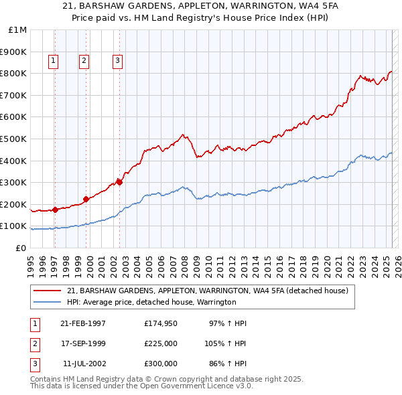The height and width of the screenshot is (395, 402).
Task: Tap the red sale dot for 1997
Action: pyautogui.click(x=55, y=210)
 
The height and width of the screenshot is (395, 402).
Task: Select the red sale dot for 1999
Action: pyautogui.click(x=86, y=199)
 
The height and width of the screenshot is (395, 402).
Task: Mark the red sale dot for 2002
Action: pyautogui.click(x=119, y=182)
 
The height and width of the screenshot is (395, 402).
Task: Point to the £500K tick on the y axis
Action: pyautogui.click(x=14, y=139)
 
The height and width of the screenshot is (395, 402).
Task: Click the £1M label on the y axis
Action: pyautogui.click(x=17, y=30)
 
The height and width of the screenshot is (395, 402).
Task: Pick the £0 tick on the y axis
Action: pyautogui.click(x=21, y=248)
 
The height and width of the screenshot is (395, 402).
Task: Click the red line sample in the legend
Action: pyautogui.click(x=47, y=291)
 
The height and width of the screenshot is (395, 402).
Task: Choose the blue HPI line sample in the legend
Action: pyautogui.click(x=47, y=303)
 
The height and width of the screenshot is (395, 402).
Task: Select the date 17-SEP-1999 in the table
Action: pyautogui.click(x=82, y=343)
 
